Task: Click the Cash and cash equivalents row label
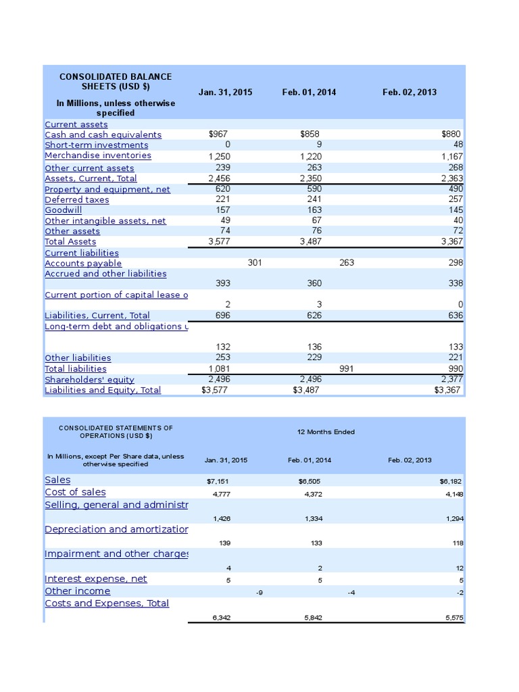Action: [103, 134]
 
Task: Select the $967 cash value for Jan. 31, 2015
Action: [219, 134]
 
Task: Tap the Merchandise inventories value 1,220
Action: [311, 155]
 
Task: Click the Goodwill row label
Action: [63, 210]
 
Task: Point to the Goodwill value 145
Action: [455, 210]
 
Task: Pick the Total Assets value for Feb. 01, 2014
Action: [311, 241]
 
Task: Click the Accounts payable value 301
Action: [255, 263]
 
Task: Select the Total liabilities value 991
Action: [347, 368]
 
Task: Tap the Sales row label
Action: [57, 480]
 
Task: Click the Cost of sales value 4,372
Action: [311, 494]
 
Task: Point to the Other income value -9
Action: [251, 593]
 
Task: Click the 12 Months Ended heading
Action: [326, 432]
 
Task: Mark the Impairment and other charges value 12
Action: [460, 568]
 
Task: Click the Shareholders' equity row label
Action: [89, 380]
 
